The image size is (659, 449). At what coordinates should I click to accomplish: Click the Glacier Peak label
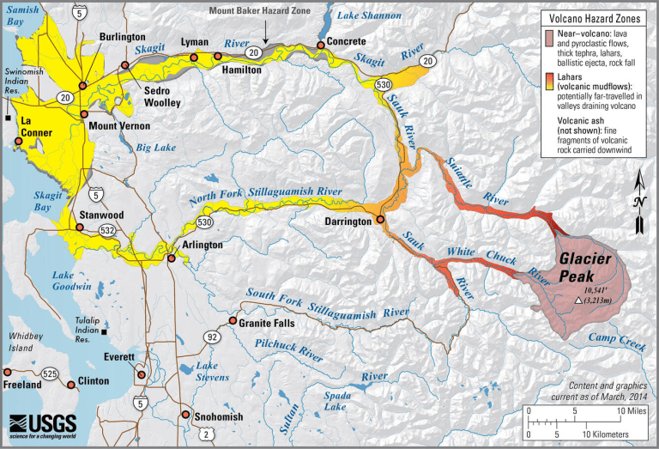(x=586, y=267)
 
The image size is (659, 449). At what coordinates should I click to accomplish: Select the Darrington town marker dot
(x=380, y=220)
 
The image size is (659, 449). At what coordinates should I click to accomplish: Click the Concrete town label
(x=343, y=42)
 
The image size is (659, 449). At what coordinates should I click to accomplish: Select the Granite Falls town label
(x=269, y=323)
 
